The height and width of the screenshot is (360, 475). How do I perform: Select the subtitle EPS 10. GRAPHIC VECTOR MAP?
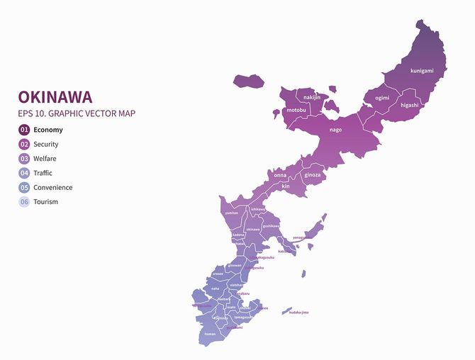click(77, 113)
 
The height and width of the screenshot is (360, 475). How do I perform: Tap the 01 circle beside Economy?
click(24, 130)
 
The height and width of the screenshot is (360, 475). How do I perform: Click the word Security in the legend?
click(46, 145)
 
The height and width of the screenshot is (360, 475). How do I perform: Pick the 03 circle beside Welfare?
click(24, 159)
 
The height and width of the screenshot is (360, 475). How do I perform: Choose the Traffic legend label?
click(43, 173)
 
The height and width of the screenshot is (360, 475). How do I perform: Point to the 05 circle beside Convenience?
click(24, 188)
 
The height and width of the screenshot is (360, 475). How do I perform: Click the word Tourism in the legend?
click(46, 202)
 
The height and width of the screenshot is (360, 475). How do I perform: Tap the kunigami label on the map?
click(422, 71)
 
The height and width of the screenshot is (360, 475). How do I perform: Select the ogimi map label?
click(383, 98)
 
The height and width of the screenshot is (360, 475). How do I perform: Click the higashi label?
click(410, 105)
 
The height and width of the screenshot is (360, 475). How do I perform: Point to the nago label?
click(336, 130)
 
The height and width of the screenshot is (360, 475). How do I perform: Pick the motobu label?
click(297, 111)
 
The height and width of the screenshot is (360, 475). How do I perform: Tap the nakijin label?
click(312, 97)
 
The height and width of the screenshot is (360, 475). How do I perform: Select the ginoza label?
click(313, 174)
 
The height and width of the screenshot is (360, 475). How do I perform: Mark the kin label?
click(286, 186)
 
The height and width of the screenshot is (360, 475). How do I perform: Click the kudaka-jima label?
click(299, 313)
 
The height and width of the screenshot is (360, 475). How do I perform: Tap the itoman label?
click(210, 333)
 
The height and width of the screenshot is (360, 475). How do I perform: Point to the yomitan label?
click(231, 213)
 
